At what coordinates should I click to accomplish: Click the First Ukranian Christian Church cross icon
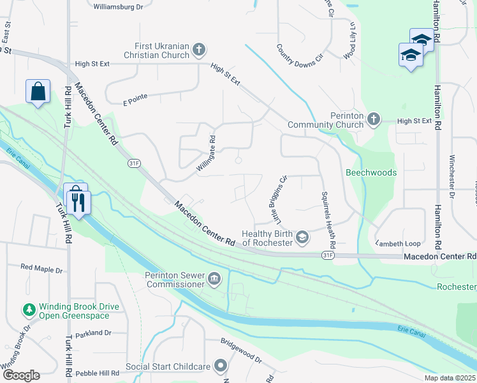(199, 50)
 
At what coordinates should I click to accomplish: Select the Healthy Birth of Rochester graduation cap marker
(302, 238)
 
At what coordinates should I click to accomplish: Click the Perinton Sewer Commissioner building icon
(215, 279)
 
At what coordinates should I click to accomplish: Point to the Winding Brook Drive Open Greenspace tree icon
(29, 310)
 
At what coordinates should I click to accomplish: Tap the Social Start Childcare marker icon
(221, 366)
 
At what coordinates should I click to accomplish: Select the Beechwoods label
(371, 173)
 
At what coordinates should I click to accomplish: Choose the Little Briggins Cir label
(281, 200)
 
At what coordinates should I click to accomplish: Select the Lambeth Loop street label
(399, 243)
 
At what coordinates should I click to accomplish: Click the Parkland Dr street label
(93, 333)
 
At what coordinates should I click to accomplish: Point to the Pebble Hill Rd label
(97, 373)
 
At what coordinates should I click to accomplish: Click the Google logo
(20, 375)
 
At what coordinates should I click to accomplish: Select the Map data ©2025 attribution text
(449, 378)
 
